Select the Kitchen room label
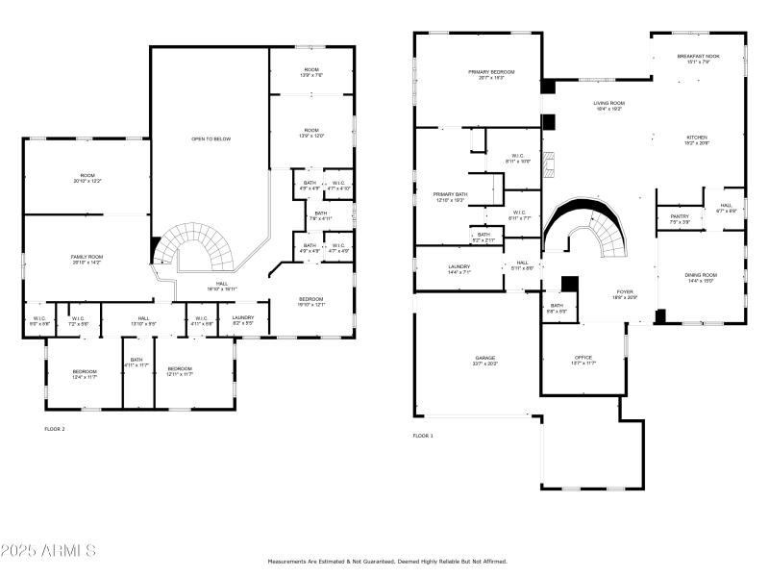pyautogui.click(x=696, y=139)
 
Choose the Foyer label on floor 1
pyautogui.click(x=626, y=294)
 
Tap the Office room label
pyautogui.click(x=583, y=360)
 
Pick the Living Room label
pyautogui.click(x=608, y=106)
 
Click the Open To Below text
pyautogui.click(x=211, y=139)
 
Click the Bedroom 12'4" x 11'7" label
pyautogui.click(x=85, y=372)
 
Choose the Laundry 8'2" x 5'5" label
pyautogui.click(x=242, y=320)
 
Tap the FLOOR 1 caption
pyautogui.click(x=423, y=436)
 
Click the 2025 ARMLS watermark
pyautogui.click(x=48, y=551)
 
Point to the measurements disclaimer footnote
pyautogui.click(x=386, y=562)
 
